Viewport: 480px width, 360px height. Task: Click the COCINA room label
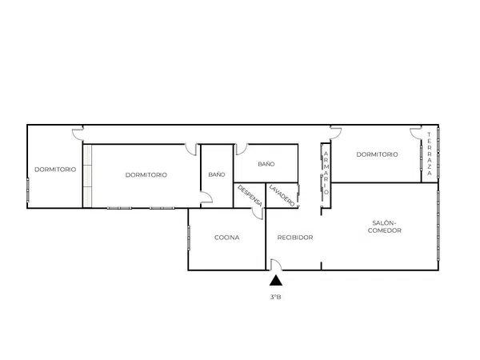pyautogui.click(x=227, y=238)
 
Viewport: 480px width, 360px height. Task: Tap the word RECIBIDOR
pyautogui.click(x=295, y=238)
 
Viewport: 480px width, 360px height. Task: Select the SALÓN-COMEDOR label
pyautogui.click(x=385, y=227)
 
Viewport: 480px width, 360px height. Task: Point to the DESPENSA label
pyautogui.click(x=250, y=196)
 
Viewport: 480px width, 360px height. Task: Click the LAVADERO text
pyautogui.click(x=282, y=195)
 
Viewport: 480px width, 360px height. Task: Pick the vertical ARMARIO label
pyautogui.click(x=326, y=173)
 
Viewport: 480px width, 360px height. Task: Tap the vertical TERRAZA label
pyautogui.click(x=429, y=154)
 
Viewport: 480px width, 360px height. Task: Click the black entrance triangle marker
pyautogui.click(x=276, y=281)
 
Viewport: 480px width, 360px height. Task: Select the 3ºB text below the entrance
pyautogui.click(x=275, y=297)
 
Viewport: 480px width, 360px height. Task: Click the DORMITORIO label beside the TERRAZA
pyautogui.click(x=377, y=154)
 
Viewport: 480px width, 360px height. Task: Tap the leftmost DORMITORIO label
pyautogui.click(x=55, y=170)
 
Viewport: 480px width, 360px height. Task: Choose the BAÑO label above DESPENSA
pyautogui.click(x=266, y=164)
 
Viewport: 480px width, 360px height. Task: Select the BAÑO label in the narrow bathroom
pyautogui.click(x=217, y=174)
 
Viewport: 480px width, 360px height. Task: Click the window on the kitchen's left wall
pyautogui.click(x=189, y=238)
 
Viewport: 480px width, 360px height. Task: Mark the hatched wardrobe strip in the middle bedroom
pyautogui.click(x=87, y=176)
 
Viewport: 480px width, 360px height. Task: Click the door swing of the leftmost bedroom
pyautogui.click(x=78, y=134)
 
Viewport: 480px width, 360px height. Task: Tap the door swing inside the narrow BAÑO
pyautogui.click(x=206, y=197)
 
